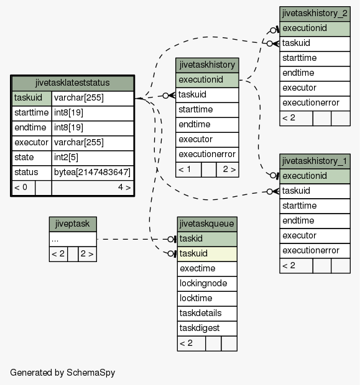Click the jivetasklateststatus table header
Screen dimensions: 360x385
[73, 83]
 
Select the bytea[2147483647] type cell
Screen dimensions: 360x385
[93, 173]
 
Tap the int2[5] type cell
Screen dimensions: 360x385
[93, 157]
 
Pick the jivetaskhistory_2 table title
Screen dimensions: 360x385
[315, 14]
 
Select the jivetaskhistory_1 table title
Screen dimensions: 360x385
[315, 161]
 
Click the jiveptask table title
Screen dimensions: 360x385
[73, 224]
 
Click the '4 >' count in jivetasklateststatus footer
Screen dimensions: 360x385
[124, 188]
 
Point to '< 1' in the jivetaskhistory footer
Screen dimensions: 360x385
[185, 170]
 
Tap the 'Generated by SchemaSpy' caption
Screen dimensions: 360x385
[62, 373]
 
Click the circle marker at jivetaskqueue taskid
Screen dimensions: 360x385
[170, 239]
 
